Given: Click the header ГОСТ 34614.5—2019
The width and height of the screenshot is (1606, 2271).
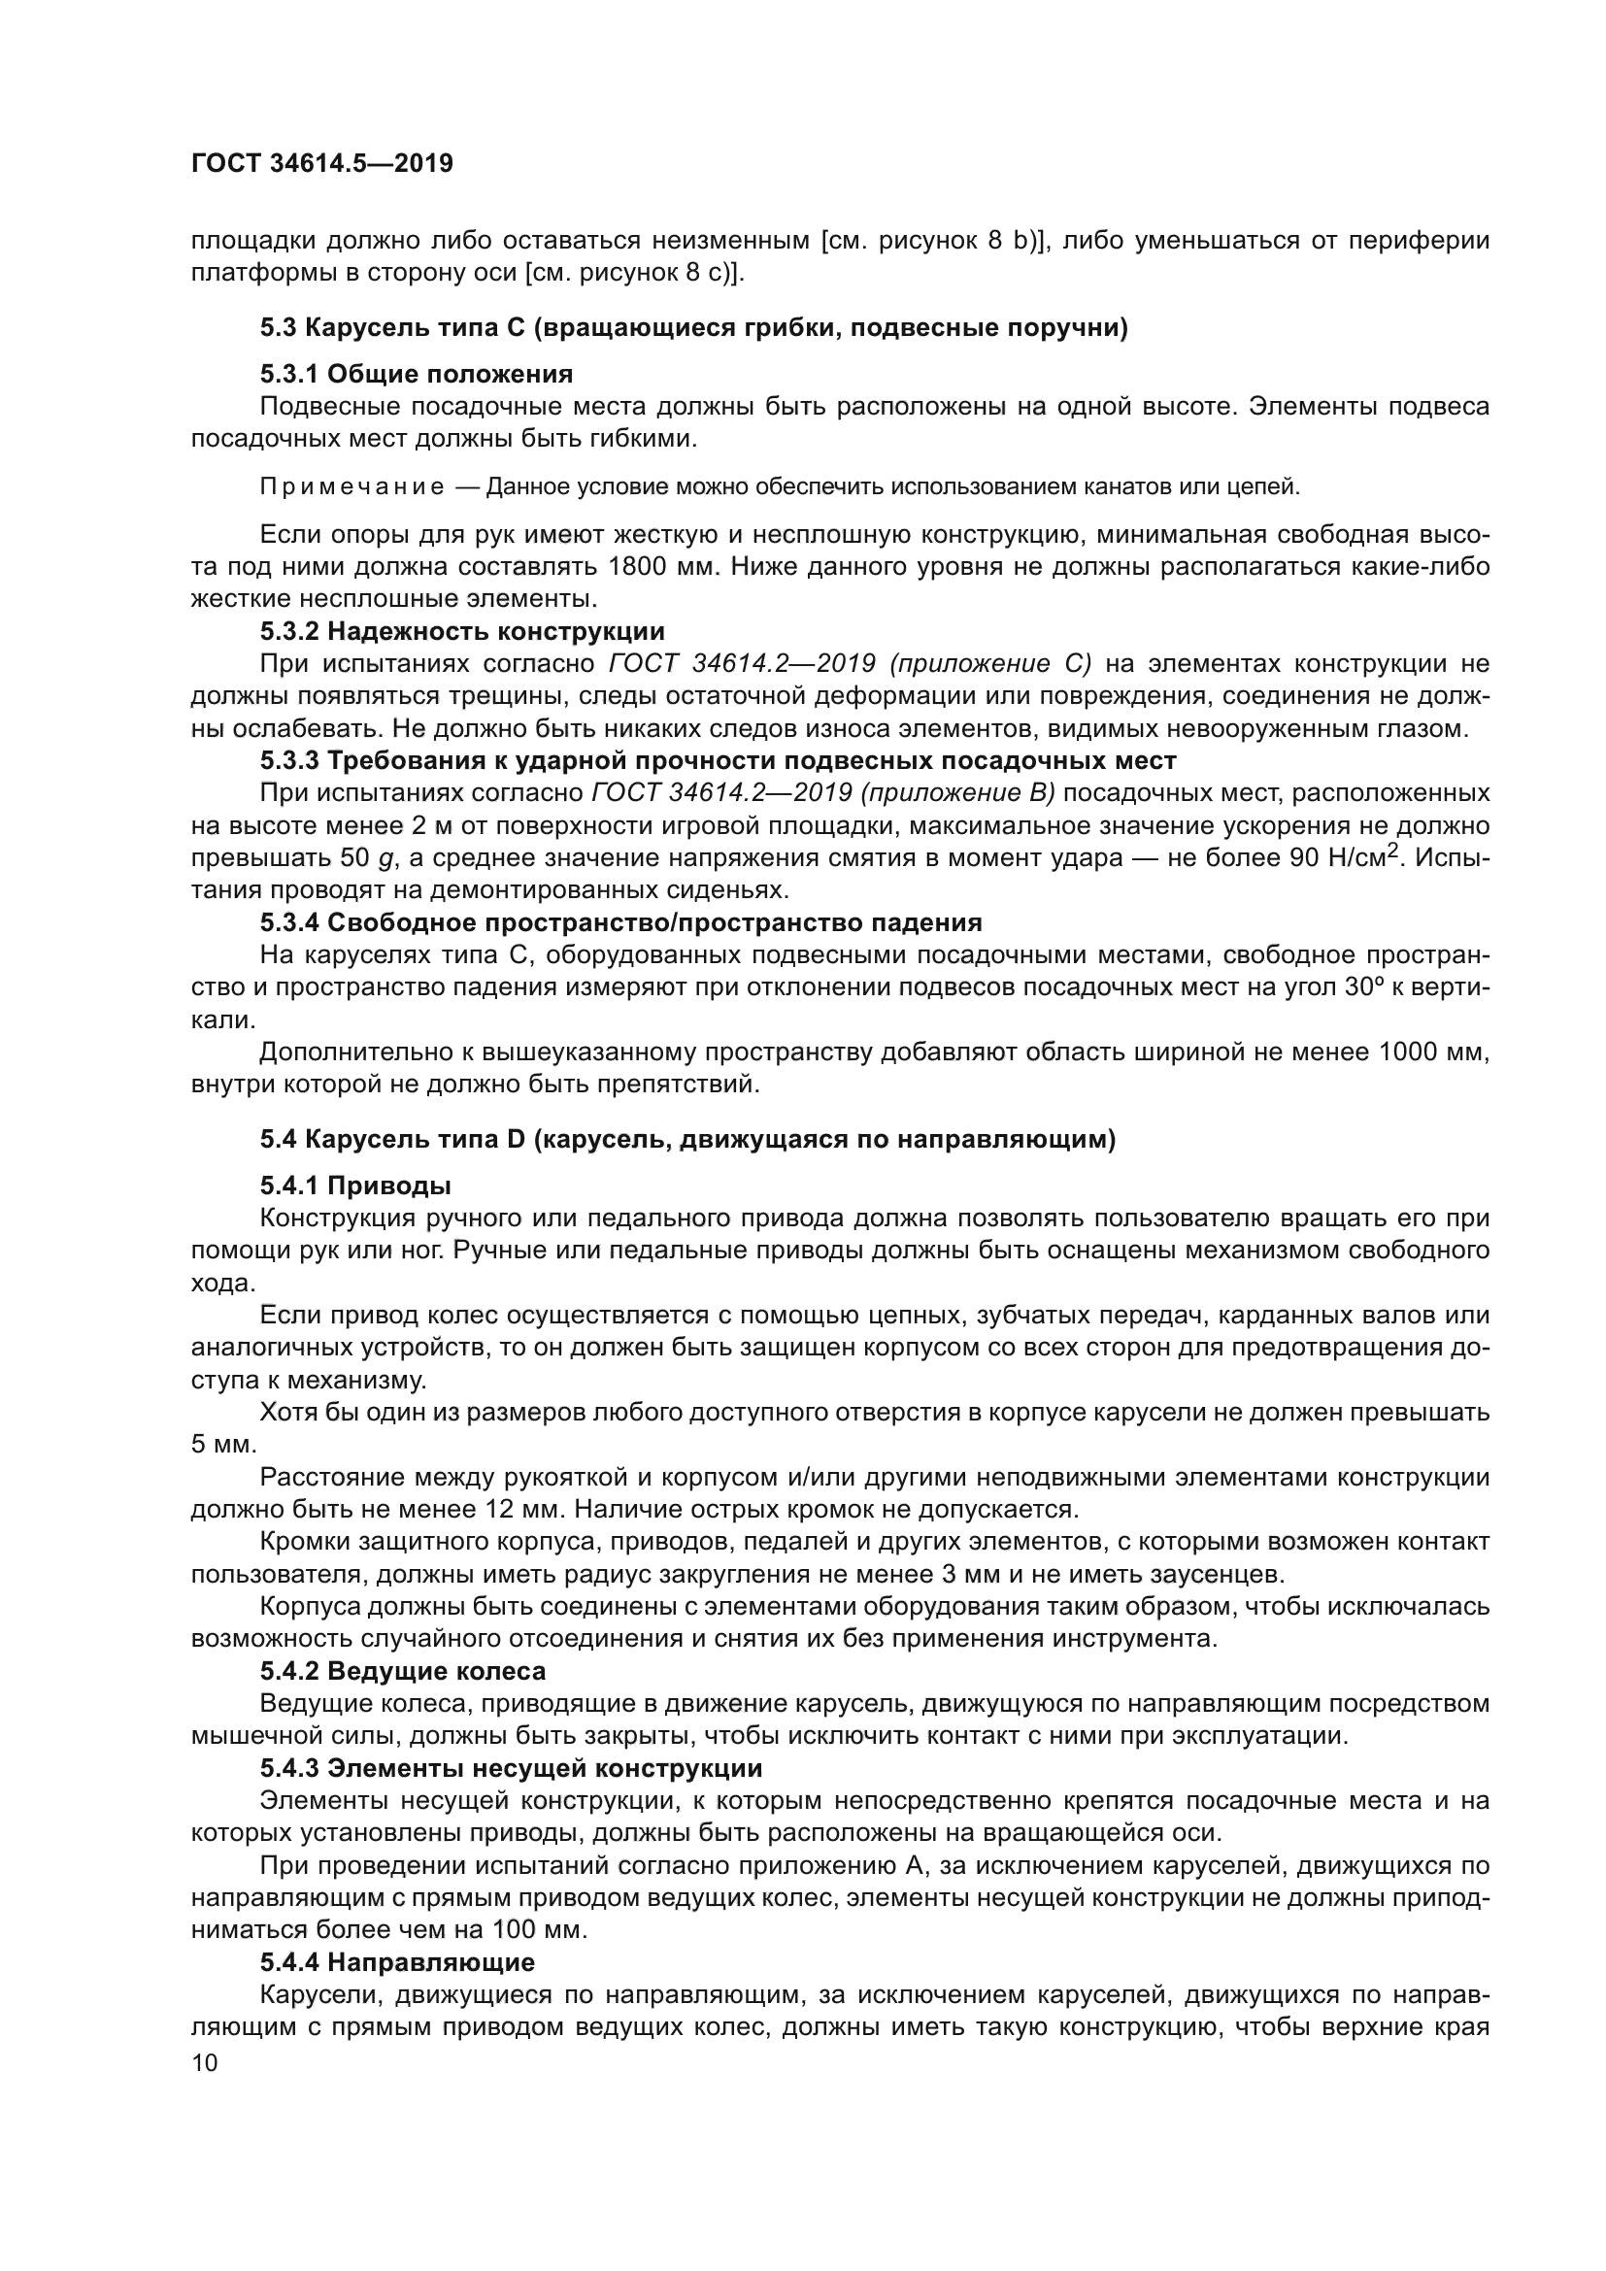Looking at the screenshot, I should (321, 163).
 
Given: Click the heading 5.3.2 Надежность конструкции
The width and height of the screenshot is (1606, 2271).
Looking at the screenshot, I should (462, 631).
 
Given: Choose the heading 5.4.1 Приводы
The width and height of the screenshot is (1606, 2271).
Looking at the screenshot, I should (356, 1185).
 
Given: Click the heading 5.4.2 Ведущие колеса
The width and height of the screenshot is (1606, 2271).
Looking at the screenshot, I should (403, 1672).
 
